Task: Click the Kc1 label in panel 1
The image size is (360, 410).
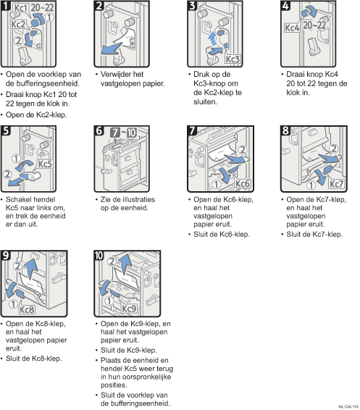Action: (x=20, y=8)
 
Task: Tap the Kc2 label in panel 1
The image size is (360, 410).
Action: (x=18, y=25)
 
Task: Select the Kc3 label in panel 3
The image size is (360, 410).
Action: (x=233, y=59)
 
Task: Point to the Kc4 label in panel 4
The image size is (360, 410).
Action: (x=292, y=28)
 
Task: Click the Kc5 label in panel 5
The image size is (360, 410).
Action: (x=45, y=164)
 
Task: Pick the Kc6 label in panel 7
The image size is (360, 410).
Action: (x=243, y=183)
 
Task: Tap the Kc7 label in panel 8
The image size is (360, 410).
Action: (x=336, y=184)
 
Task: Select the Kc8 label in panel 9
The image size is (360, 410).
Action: (x=27, y=310)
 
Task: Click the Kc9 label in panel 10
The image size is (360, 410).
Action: (x=129, y=309)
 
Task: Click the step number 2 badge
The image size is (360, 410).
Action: (x=99, y=6)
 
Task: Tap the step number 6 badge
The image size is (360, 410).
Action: (x=99, y=130)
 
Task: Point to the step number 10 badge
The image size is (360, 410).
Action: (x=99, y=255)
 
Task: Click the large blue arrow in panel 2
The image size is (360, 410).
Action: (x=111, y=49)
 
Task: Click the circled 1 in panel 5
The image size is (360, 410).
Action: (x=16, y=159)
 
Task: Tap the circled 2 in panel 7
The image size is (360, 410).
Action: (x=243, y=150)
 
